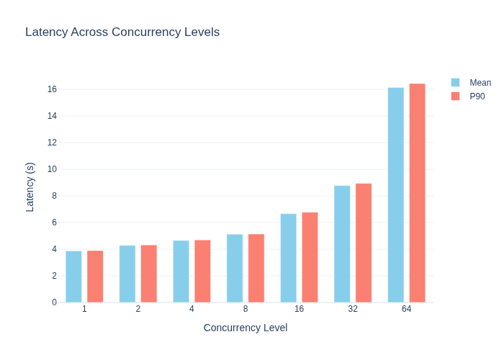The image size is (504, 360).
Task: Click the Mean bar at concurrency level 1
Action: pyautogui.click(x=73, y=276)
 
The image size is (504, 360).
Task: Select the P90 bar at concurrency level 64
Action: pyautogui.click(x=417, y=193)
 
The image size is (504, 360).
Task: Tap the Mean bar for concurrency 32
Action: pyautogui.click(x=342, y=244)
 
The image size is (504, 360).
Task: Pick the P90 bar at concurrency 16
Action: pyautogui.click(x=310, y=258)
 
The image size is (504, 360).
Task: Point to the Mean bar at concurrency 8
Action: pyautogui.click(x=235, y=269)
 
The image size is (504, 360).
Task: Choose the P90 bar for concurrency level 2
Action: pyautogui.click(x=149, y=274)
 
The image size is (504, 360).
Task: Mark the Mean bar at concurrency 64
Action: pyautogui.click(x=396, y=195)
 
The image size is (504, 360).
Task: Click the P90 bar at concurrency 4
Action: pyautogui.click(x=202, y=271)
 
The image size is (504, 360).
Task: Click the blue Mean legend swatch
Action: pyautogui.click(x=455, y=83)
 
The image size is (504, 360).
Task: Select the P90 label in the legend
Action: pyautogui.click(x=477, y=96)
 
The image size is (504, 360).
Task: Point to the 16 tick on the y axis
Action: pyautogui.click(x=52, y=89)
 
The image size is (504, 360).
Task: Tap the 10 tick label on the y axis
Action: pyautogui.click(x=52, y=169)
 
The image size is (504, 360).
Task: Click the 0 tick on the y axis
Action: pyautogui.click(x=54, y=302)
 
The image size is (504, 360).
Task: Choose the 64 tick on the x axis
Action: pyautogui.click(x=406, y=309)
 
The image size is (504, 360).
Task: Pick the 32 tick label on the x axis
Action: pyautogui.click(x=353, y=309)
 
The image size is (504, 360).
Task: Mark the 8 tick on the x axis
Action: pyautogui.click(x=246, y=309)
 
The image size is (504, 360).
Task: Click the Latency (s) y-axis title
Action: pyautogui.click(x=30, y=187)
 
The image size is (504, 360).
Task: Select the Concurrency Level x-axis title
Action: pyautogui.click(x=246, y=328)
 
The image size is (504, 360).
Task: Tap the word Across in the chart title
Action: pyautogui.click(x=89, y=32)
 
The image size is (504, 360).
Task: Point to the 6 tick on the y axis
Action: pyautogui.click(x=54, y=222)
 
